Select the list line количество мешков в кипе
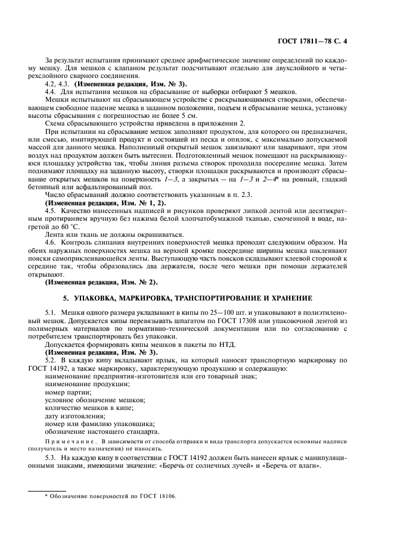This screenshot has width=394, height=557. [89, 406]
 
